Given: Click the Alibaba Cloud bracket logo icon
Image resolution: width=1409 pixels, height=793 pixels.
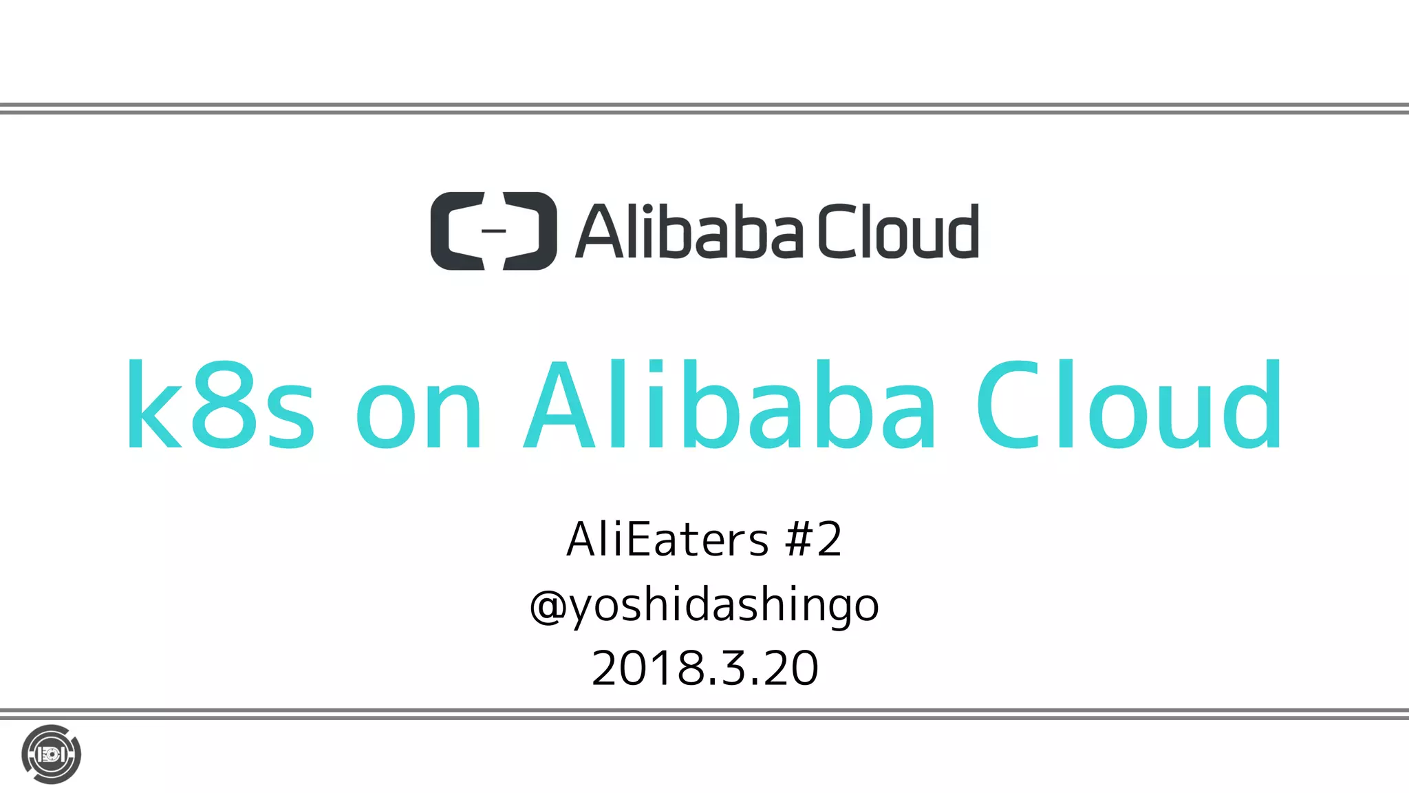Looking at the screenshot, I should (x=493, y=231).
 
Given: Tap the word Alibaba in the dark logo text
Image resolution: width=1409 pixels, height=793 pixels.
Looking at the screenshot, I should (x=689, y=231).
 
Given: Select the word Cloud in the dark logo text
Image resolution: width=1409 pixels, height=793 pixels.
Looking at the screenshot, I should (x=899, y=231).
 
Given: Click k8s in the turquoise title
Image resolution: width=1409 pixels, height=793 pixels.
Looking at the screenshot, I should (x=220, y=406).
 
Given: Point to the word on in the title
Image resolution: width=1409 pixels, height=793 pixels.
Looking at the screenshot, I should (x=418, y=413).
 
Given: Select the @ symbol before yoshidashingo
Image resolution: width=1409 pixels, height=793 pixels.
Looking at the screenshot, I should (x=548, y=606).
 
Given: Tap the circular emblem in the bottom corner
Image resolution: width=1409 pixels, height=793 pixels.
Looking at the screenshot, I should (x=51, y=754).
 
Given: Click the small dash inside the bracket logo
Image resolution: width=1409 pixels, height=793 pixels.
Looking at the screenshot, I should (x=493, y=231).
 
